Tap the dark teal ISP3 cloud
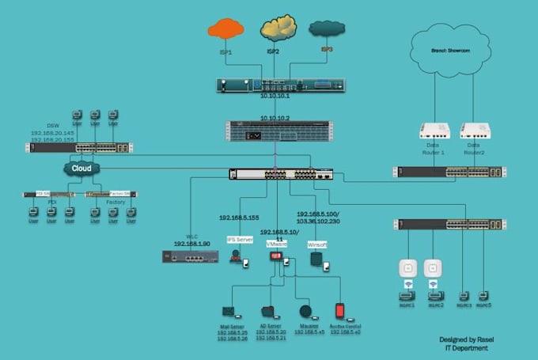326,29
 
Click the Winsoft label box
317,245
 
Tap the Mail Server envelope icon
229,312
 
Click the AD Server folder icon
267,312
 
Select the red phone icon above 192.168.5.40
340,310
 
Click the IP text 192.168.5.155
238,218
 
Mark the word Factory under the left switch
116,203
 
